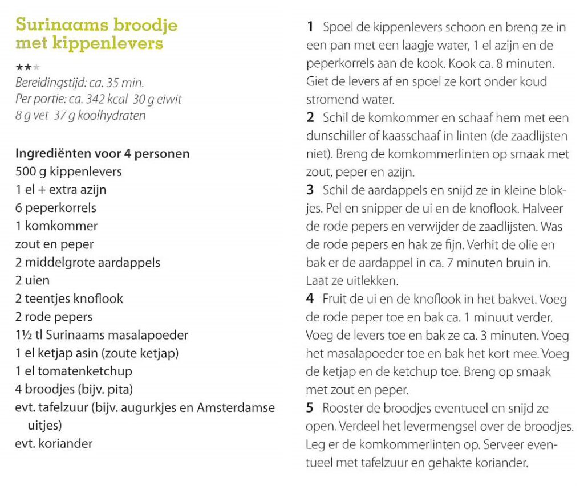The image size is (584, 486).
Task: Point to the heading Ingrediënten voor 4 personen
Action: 103,154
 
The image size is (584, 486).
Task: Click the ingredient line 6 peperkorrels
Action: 56,207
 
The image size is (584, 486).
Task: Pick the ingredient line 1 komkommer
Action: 56,226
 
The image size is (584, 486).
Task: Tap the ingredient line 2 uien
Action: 33,280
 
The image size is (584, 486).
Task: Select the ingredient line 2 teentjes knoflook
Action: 69,299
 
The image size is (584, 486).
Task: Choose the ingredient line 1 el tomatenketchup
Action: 74,371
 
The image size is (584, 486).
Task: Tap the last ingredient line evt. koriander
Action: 54,443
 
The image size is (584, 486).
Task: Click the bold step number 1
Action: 310,27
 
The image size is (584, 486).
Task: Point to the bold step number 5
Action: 310,409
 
